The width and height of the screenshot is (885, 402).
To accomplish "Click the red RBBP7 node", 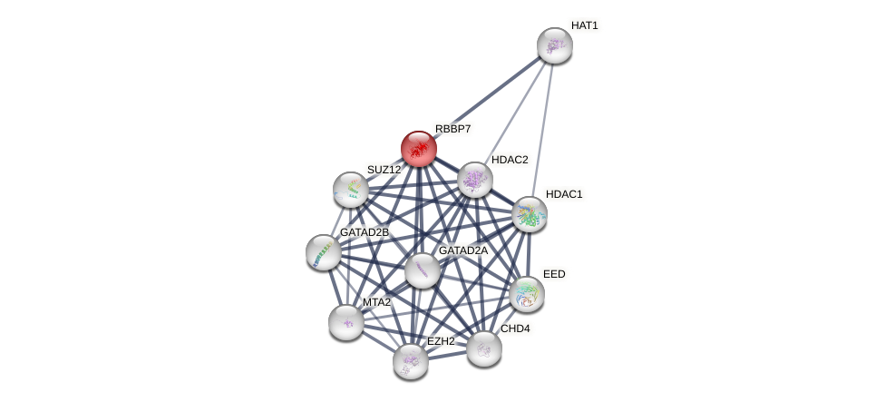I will (x=418, y=148).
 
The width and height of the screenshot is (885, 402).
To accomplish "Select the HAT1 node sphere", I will (x=554, y=45).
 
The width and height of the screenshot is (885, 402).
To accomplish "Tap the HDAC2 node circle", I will (x=474, y=180).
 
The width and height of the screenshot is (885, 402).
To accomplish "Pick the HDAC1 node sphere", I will (x=529, y=214).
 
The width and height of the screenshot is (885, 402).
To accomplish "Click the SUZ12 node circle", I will (x=351, y=189).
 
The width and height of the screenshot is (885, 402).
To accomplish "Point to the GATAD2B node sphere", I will (x=324, y=252).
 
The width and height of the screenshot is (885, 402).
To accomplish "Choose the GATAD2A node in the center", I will (x=422, y=270).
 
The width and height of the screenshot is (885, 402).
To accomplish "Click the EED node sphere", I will (x=526, y=294).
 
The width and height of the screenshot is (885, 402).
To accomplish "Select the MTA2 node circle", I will (x=345, y=321).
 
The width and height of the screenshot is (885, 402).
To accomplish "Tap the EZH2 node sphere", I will (x=410, y=360).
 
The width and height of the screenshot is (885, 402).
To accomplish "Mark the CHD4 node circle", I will (x=483, y=348).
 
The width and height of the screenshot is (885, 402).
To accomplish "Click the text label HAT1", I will (x=584, y=25).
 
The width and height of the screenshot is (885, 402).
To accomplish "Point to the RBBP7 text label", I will (x=452, y=129).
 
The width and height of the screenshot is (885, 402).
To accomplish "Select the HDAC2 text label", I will (x=509, y=160).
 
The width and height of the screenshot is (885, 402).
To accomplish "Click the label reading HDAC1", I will (x=563, y=194).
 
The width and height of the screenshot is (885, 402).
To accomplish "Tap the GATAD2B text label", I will (x=364, y=232).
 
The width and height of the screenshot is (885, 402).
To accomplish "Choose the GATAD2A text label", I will (x=462, y=250).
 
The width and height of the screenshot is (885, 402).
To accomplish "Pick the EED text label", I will (x=553, y=274).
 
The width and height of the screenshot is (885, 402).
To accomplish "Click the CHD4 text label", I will (x=514, y=328).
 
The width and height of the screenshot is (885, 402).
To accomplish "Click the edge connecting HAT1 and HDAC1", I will (x=542, y=127).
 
